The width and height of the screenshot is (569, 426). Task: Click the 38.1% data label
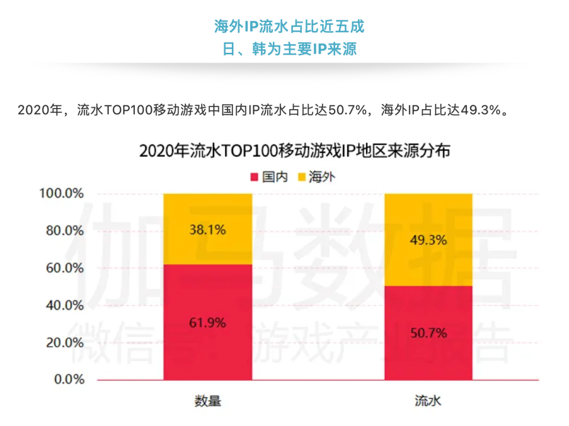[208, 230]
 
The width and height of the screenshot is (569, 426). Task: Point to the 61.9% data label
[208, 323]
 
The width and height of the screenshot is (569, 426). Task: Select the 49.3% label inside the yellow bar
[428, 240]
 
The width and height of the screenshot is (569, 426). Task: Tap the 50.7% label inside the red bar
[428, 333]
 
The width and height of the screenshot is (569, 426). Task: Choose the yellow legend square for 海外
[302, 177]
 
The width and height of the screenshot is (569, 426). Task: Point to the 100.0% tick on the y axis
[62, 194]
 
